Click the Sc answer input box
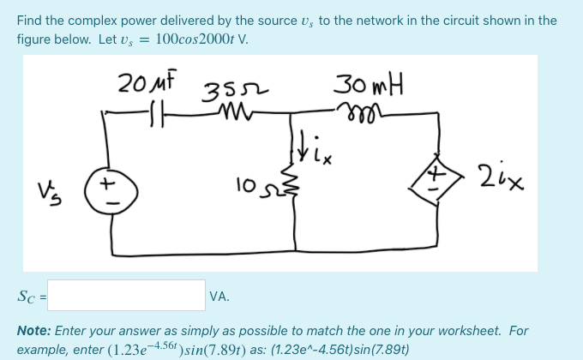pyautogui.click(x=132, y=296)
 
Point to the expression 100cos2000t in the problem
pyautogui.click(x=195, y=39)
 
